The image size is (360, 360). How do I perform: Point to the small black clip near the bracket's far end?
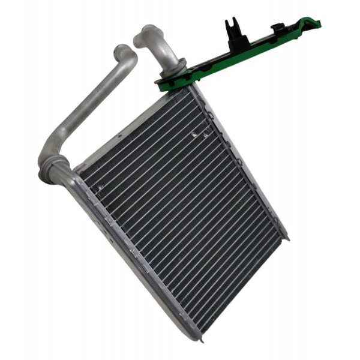(280, 28)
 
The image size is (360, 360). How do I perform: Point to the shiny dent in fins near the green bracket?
(196, 136)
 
